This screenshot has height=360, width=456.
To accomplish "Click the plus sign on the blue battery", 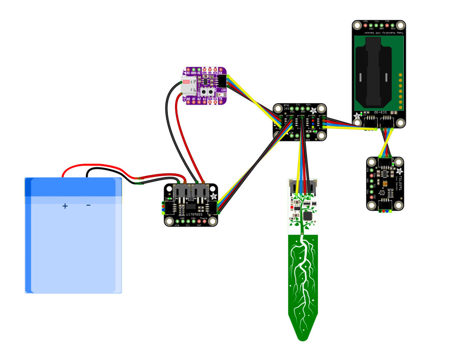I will click(x=65, y=206).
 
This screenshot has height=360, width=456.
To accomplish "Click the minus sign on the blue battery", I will click(x=88, y=205).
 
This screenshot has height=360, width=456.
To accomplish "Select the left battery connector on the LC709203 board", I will click(x=181, y=192).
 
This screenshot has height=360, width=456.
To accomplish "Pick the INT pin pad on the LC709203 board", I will click(x=199, y=220).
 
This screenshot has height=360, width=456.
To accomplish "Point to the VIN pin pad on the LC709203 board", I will click(x=177, y=220).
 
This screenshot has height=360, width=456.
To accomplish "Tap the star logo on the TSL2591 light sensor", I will click(x=399, y=171).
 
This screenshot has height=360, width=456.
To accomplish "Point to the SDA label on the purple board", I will click(x=210, y=99).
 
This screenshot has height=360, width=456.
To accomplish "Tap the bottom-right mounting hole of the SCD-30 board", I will click(x=400, y=123).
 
